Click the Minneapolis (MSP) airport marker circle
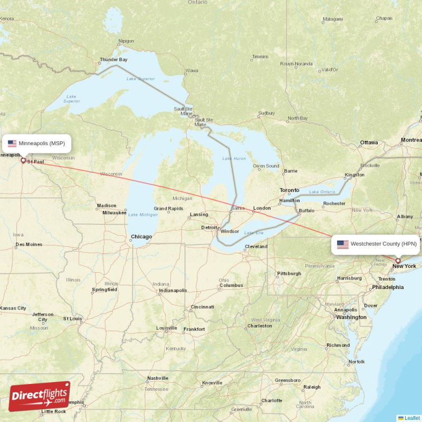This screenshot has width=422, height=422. coord(23,160)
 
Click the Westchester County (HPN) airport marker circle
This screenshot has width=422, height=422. coord(398,261)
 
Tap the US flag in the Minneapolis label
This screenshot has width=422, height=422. coord(12,143)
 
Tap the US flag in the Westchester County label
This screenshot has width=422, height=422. coord(343,244)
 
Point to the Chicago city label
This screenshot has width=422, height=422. coord(141,237)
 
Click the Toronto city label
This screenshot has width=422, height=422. coord(289,190)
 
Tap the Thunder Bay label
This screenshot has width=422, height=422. coord(114,60)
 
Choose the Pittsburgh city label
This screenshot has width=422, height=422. coord(289,273)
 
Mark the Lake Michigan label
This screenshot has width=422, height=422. coord(142,215)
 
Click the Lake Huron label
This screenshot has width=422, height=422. coord(234,158)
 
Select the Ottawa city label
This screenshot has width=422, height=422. coord(369,142)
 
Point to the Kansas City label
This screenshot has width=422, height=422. coord(13,308)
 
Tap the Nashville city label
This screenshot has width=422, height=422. coord(158,378)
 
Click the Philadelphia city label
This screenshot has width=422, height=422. coord(388,287)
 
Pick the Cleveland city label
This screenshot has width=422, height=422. coord(256,246)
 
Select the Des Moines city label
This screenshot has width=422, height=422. coord(29,244)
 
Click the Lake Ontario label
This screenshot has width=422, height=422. coord(321,191)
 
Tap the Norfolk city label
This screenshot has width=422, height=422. coord(356,362)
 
